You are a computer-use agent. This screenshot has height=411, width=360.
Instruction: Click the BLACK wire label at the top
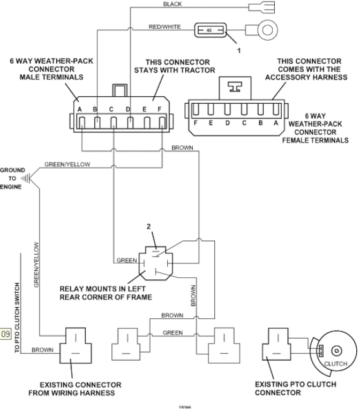pyautogui.click(x=172, y=4)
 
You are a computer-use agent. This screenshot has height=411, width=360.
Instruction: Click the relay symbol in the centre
pyautogui.click(x=155, y=261)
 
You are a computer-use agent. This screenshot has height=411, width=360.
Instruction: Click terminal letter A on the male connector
pyautogui.click(x=79, y=110)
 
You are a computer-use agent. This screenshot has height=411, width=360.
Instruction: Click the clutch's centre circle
pyautogui.click(x=336, y=351)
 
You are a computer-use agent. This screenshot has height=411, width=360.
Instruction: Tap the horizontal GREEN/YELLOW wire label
pyautogui.click(x=67, y=164)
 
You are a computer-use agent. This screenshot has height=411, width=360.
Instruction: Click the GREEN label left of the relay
pyautogui.click(x=127, y=261)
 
